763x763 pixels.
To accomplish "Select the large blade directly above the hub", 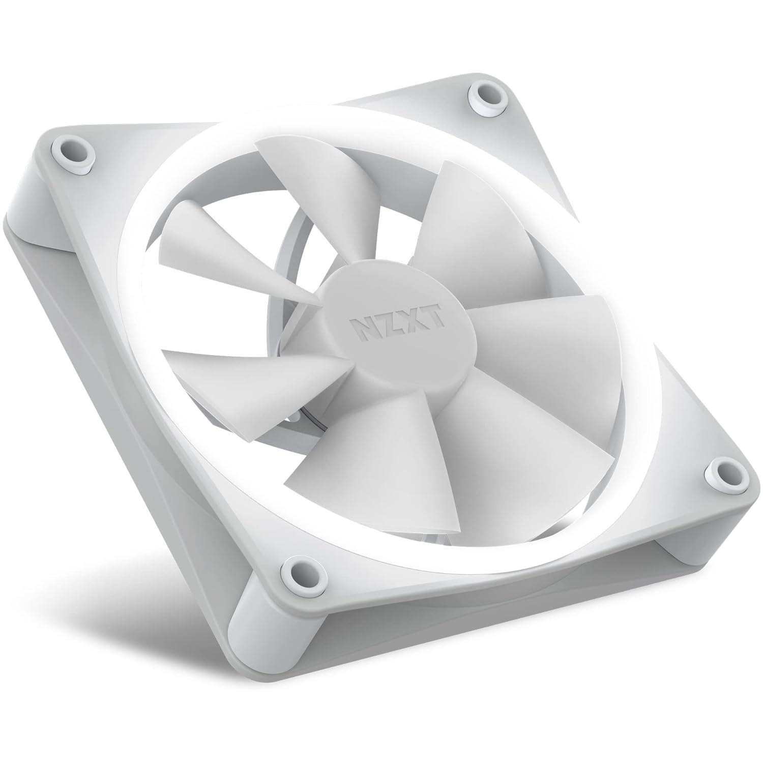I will (x=473, y=229).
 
